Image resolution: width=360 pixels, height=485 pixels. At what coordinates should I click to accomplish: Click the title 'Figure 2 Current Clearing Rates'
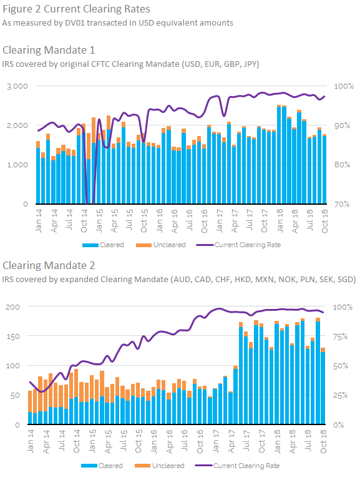coord(76,9)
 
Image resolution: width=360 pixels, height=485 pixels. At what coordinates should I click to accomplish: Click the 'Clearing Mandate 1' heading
coord(49,50)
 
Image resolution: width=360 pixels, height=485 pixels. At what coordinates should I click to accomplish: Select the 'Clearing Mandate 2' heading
coord(49,265)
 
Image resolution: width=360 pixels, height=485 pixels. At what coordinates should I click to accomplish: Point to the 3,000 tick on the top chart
coord(17,86)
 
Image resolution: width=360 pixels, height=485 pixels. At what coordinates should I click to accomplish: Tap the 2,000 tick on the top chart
coord(17,125)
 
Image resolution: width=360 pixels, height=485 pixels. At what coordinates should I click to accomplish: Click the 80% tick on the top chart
coord(342,165)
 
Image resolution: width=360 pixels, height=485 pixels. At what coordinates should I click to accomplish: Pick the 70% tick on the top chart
coord(342,204)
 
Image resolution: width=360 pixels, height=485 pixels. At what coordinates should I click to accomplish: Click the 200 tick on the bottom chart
coord(12,307)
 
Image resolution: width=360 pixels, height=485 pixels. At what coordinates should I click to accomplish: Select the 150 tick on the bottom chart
coord(12,336)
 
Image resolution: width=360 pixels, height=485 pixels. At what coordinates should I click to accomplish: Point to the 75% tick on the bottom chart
coord(340,337)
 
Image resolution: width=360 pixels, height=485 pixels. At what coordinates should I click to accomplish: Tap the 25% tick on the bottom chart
coord(340,396)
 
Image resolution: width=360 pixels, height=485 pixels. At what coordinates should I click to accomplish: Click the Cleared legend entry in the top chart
coord(103,245)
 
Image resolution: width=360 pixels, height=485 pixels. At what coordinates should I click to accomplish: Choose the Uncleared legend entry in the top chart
coord(161,245)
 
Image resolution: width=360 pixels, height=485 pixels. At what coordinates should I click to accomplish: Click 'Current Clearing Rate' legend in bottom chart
coord(237,466)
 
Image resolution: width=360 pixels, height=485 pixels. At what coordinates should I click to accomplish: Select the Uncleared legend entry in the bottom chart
coord(160,466)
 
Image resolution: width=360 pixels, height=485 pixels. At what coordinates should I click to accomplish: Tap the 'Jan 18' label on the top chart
coord(280,221)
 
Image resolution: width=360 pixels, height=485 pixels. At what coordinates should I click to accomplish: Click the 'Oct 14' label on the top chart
coord(84,221)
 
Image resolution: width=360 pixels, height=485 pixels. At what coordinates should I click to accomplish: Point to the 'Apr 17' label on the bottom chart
coord(231,442)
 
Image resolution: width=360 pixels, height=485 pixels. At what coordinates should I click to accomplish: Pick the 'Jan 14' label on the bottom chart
coord(31,442)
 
